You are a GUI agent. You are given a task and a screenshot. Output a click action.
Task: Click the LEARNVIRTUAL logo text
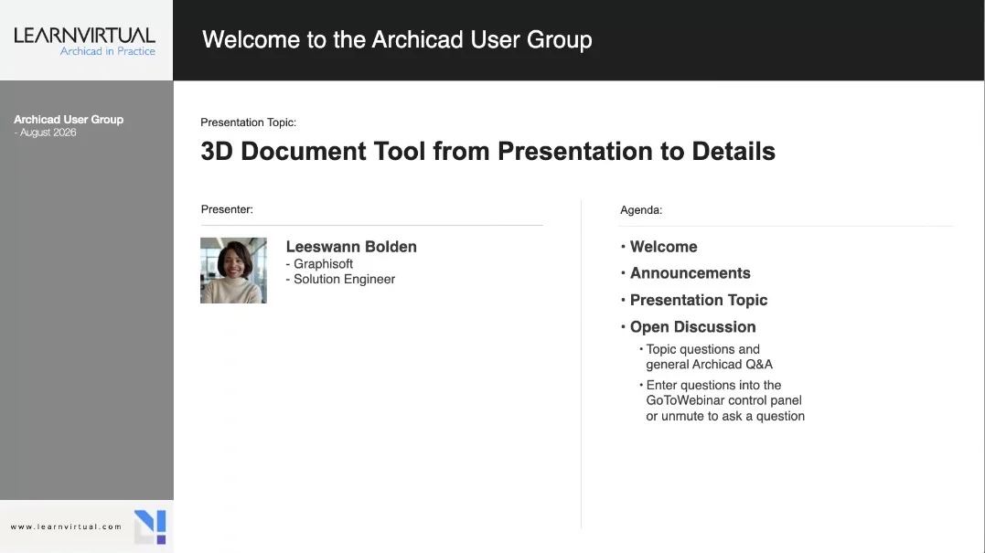tap(84, 35)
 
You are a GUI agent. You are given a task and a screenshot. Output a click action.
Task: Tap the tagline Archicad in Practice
tap(107, 51)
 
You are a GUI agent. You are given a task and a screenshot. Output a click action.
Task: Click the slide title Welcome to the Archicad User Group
tap(397, 39)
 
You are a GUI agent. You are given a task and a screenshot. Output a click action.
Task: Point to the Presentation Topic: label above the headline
tap(248, 122)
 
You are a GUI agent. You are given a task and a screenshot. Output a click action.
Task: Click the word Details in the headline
tap(733, 151)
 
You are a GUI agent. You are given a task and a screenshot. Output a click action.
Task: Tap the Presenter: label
tap(227, 209)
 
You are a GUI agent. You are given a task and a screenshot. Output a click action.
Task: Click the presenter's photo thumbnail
tap(234, 271)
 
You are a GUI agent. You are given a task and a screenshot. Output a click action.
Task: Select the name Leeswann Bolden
tap(351, 247)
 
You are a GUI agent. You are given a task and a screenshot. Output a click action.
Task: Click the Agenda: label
tap(641, 210)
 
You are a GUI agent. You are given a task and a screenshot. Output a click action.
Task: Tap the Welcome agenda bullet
tap(663, 247)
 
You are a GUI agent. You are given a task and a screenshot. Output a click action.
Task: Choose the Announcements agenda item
tap(690, 273)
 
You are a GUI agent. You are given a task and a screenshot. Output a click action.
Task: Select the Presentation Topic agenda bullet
tap(699, 300)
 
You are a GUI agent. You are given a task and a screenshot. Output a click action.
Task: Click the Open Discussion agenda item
tap(693, 327)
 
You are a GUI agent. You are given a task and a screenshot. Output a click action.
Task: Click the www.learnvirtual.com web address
tap(66, 526)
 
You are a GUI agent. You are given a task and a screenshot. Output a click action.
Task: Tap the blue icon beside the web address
tap(150, 526)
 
